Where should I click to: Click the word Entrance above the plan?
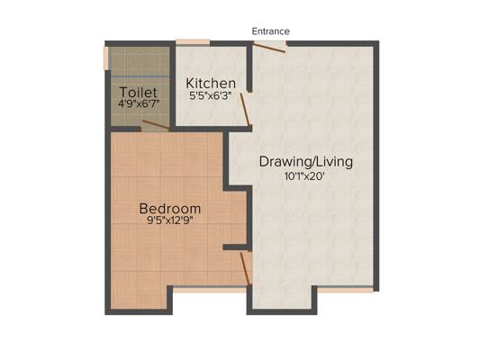point(270,31)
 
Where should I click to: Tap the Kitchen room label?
point(211,83)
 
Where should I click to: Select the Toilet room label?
point(139,92)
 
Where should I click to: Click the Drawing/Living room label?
point(305,163)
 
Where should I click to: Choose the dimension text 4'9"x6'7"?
point(140,104)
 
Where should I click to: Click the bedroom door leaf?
point(245,266)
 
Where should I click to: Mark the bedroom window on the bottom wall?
point(209,290)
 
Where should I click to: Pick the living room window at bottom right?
point(346,290)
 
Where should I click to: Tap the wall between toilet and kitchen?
point(171,85)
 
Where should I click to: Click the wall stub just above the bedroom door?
point(235,247)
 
